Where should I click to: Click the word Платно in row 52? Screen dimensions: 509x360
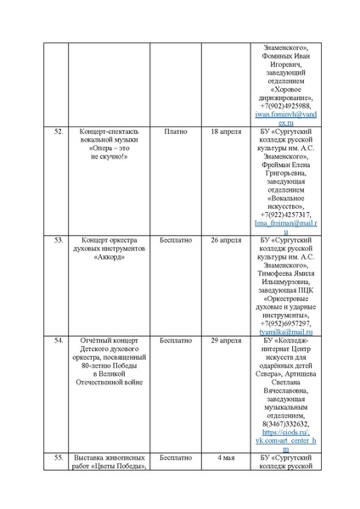click(176, 133)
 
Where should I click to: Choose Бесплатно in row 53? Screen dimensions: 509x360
click(176, 240)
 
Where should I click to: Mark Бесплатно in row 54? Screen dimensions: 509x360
click(176, 340)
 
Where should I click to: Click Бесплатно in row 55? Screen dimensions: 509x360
click(176, 458)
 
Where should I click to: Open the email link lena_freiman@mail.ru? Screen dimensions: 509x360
click(285, 223)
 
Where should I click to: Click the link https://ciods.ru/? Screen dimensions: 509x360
click(285, 432)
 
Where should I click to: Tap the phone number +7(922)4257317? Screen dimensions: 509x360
click(285, 214)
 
